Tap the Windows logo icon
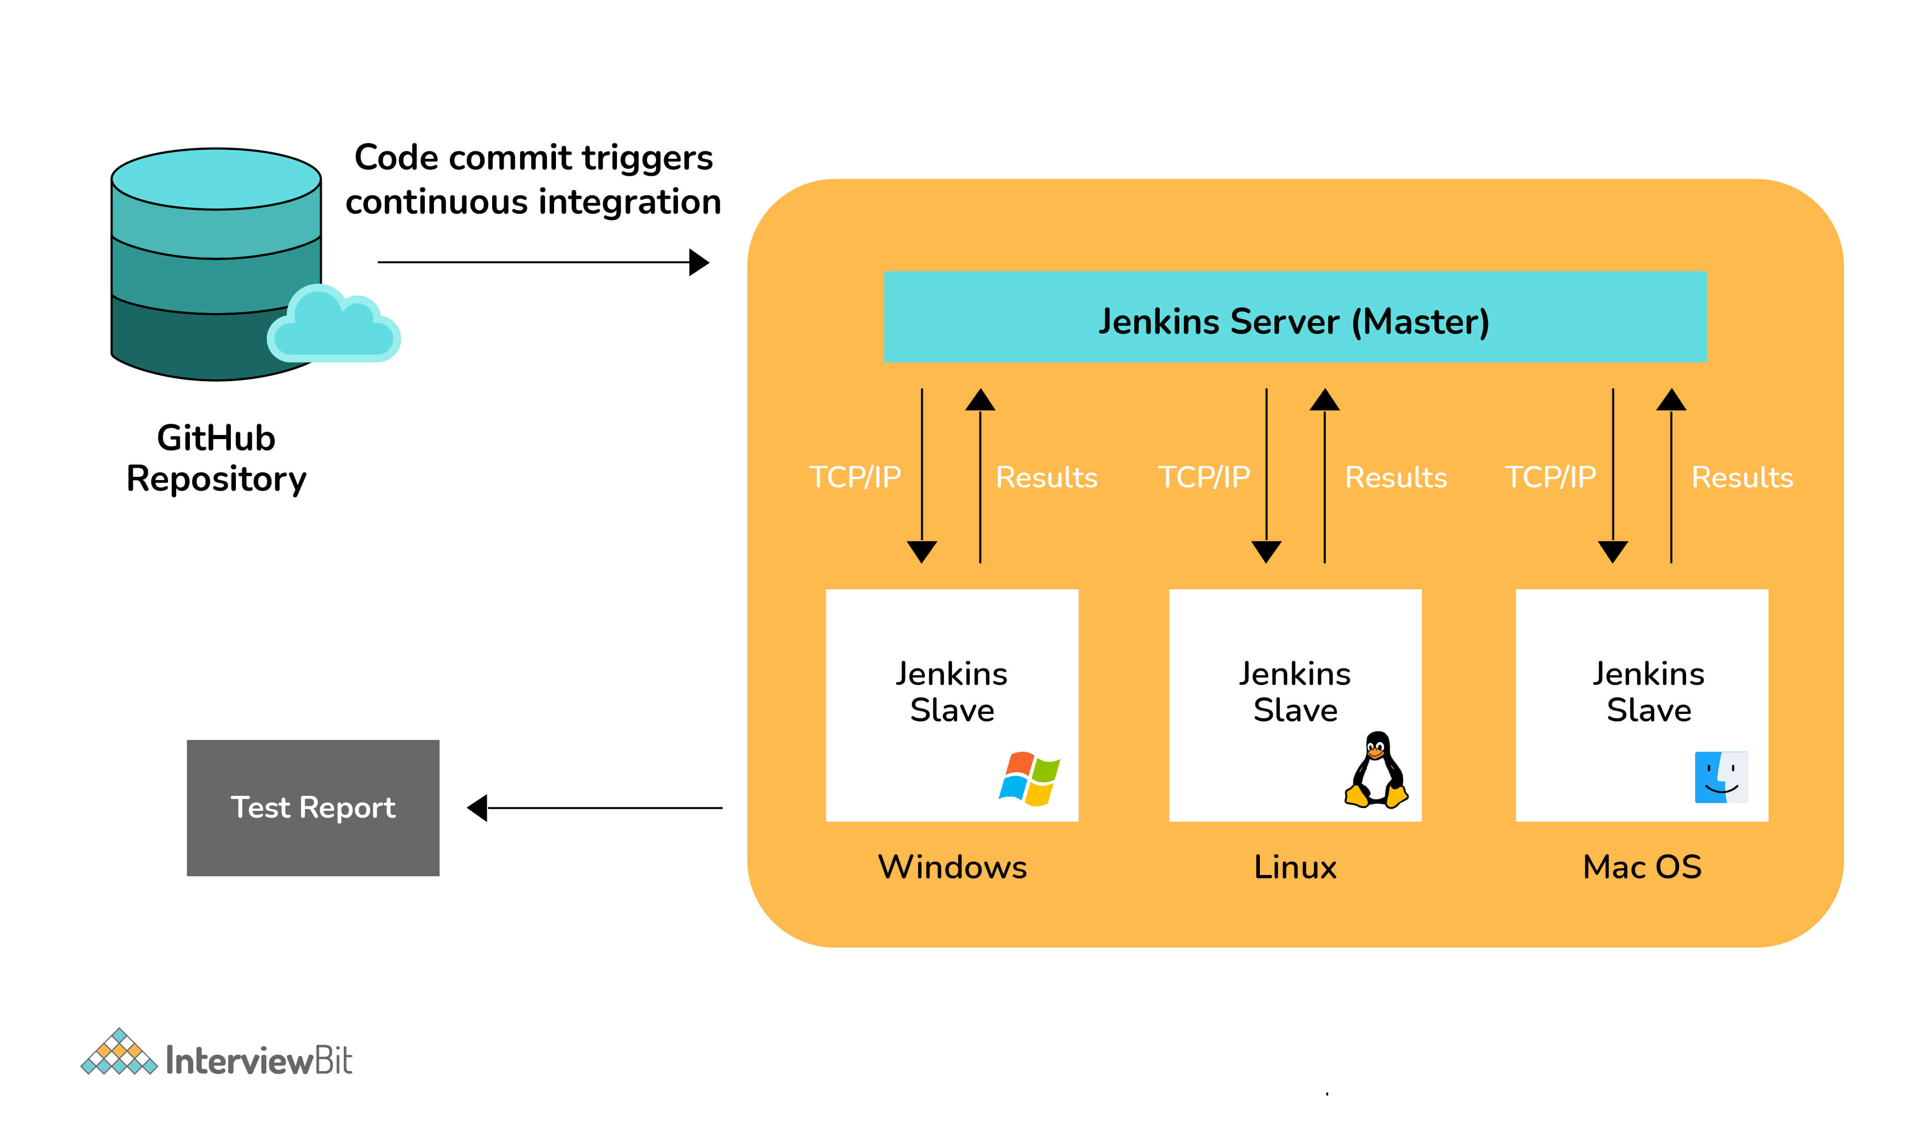click(x=1029, y=779)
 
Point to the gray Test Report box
click(x=313, y=808)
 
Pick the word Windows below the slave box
click(x=952, y=867)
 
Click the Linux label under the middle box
click(x=1295, y=867)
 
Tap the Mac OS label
click(x=1642, y=867)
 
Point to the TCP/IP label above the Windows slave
click(x=855, y=477)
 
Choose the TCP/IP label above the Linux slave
click(x=1204, y=477)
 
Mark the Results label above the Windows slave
click(x=1046, y=477)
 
